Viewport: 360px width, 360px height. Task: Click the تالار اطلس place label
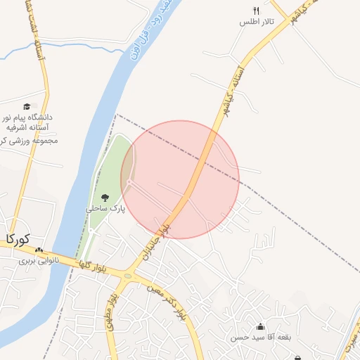pyautogui.click(x=257, y=22)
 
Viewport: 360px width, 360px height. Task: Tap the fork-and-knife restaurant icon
pyautogui.click(x=257, y=11)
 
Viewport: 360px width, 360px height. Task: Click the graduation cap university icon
pyautogui.click(x=27, y=106)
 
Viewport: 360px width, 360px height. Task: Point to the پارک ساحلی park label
pyautogui.click(x=101, y=209)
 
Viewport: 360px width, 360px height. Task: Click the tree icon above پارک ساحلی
pyautogui.click(x=105, y=198)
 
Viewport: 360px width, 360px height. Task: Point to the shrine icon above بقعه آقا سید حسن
pyautogui.click(x=261, y=326)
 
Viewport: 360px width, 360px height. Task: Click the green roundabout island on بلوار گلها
pyautogui.click(x=127, y=276)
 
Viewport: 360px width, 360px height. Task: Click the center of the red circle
pyautogui.click(x=180, y=179)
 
